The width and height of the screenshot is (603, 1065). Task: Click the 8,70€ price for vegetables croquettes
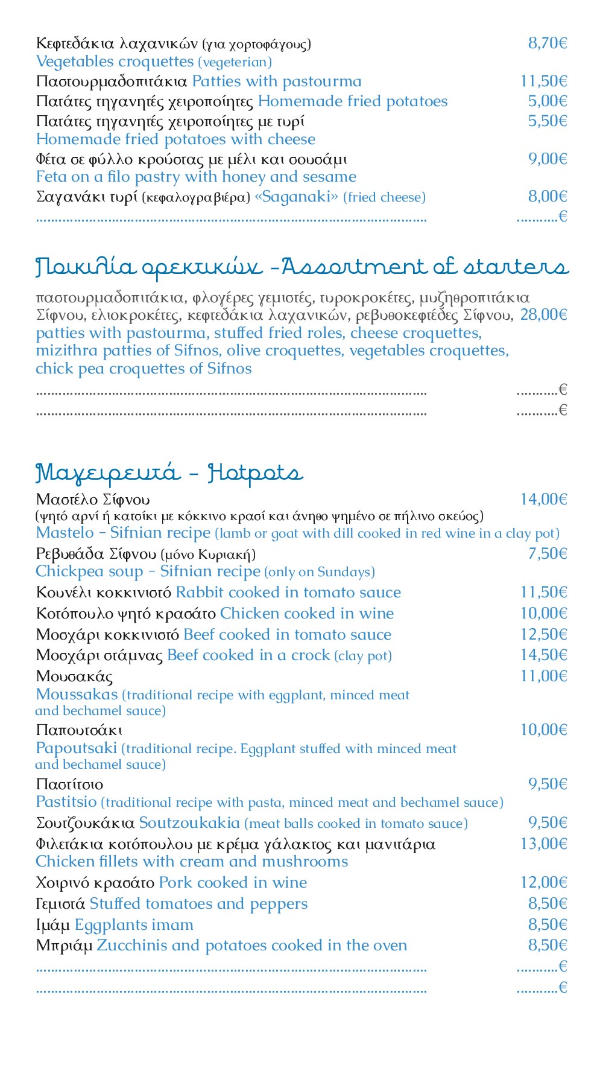[548, 43]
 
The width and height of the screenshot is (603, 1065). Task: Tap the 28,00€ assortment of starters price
[543, 314]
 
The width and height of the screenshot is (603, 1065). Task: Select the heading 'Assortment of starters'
[425, 267]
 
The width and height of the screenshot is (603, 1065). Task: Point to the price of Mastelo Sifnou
[543, 499]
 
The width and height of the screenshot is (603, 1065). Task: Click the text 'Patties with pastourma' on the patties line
[277, 81]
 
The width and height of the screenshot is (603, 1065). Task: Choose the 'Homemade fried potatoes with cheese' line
[175, 139]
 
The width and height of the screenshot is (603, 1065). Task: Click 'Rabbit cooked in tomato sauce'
[288, 593]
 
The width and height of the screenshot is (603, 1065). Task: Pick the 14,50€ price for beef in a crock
[543, 655]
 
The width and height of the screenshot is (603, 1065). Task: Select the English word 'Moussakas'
[77, 695]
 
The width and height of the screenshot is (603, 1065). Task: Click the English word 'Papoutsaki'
[76, 748]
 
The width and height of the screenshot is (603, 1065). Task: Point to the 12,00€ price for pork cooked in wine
[543, 883]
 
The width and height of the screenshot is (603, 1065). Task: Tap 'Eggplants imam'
[134, 925]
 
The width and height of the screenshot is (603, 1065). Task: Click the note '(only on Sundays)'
[320, 572]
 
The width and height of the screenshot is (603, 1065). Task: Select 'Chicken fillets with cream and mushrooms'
[192, 862]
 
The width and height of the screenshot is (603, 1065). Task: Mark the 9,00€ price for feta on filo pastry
[548, 159]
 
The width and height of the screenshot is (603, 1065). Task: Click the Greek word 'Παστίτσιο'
[69, 784]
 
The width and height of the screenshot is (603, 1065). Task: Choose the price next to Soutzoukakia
[548, 823]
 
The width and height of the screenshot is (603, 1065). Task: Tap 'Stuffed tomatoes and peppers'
[198, 904]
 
